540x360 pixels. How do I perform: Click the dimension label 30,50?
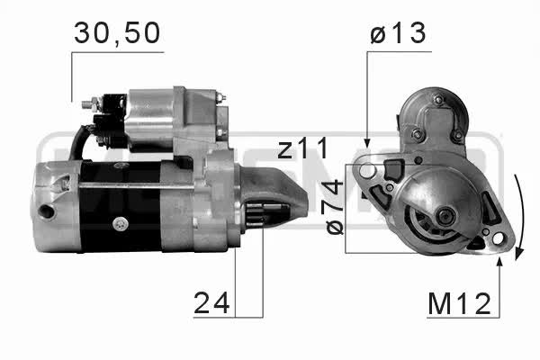pyautogui.click(x=117, y=33)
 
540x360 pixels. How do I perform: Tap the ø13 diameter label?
pyautogui.click(x=398, y=33)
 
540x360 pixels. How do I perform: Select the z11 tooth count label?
pyautogui.click(x=303, y=148)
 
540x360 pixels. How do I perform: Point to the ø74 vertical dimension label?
pyautogui.click(x=335, y=207)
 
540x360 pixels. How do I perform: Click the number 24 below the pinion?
pyautogui.click(x=211, y=302)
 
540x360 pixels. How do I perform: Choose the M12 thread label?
pyautogui.click(x=459, y=303)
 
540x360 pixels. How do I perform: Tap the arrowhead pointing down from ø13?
pyautogui.click(x=367, y=143)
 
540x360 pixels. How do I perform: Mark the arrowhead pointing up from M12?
pyautogui.click(x=499, y=262)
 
